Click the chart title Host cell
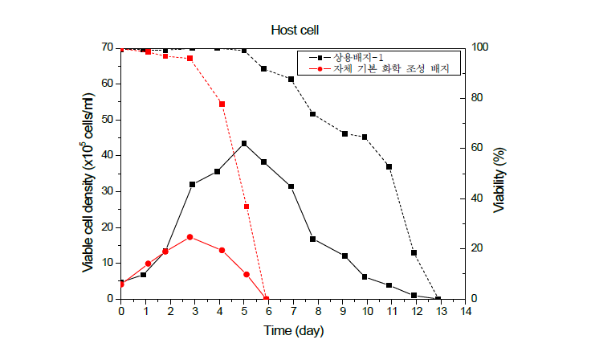point(295,31)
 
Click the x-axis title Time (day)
point(294,331)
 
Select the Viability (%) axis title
point(499,180)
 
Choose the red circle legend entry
point(379,68)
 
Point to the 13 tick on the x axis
point(441,311)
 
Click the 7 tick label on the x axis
point(293,311)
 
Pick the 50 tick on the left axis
point(107,120)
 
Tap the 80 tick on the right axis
point(477,98)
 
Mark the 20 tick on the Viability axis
point(477,248)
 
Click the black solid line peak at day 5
point(244,143)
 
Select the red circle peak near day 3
point(190,237)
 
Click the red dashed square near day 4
point(222,104)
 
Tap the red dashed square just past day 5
point(247,207)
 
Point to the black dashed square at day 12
point(414,253)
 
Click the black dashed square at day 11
point(389,166)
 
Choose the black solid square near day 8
point(312,239)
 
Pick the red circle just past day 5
point(247,274)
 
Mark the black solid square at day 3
point(192,185)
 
